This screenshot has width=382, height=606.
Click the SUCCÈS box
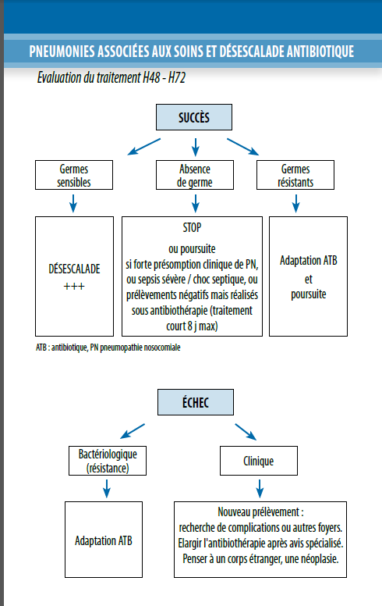point(193,117)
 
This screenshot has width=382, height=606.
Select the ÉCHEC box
point(195,402)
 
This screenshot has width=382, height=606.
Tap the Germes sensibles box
point(74,175)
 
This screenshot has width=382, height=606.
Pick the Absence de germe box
point(195,175)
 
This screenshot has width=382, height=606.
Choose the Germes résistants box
point(295,175)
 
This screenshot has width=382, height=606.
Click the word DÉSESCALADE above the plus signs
point(74,269)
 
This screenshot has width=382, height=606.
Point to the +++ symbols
point(74,287)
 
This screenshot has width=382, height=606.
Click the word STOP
point(192,227)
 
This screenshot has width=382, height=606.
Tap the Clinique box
point(259,461)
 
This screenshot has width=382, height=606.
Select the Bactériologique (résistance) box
point(108,461)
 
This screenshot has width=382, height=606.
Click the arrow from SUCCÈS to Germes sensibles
point(144,147)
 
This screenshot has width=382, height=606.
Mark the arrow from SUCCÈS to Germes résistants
point(242,147)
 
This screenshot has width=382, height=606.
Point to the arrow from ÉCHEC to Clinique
point(246,432)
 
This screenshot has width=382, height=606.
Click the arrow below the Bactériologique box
point(107,489)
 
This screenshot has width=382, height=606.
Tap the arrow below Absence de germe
point(196,203)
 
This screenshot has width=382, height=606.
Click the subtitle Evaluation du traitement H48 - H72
point(111,77)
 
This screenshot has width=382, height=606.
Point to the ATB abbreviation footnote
point(108,348)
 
